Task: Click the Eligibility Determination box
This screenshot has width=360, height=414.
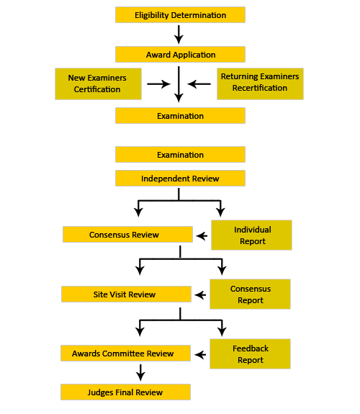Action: click(180, 15)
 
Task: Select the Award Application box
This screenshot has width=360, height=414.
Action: click(180, 55)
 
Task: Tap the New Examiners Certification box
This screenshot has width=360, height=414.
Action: click(98, 84)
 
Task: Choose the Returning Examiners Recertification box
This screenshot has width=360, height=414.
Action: click(260, 84)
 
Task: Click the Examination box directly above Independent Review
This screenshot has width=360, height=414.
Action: click(180, 155)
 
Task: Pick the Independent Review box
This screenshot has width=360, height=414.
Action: click(180, 179)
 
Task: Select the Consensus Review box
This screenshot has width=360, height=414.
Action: click(127, 234)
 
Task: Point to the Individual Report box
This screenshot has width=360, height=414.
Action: click(251, 235)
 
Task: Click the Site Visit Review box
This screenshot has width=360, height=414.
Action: click(126, 294)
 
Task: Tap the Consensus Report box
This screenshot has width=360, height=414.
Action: click(250, 294)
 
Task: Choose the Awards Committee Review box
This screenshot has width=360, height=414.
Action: click(125, 353)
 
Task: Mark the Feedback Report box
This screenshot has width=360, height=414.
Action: click(250, 354)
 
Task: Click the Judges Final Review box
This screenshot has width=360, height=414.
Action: click(125, 392)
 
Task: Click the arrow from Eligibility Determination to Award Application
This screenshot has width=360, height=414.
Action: click(179, 35)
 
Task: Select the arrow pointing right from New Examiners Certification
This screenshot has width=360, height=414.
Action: click(158, 84)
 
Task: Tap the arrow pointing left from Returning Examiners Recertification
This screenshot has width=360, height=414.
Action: click(199, 84)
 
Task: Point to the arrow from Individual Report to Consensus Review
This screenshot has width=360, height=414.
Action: click(202, 235)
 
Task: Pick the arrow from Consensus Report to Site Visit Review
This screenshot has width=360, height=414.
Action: click(200, 295)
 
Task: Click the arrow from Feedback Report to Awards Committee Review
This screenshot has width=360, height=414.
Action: click(200, 354)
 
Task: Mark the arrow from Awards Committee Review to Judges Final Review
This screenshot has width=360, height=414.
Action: click(140, 372)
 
